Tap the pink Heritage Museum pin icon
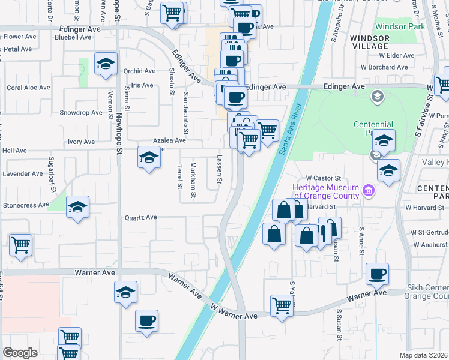[x=369, y=192]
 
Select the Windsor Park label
[x=400, y=26]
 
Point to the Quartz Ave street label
[x=140, y=217]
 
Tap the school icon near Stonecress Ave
[x=77, y=208]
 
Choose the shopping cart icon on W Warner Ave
[x=281, y=305]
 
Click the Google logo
[x=20, y=353]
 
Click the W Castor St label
[x=323, y=178]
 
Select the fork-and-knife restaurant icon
[x=328, y=229]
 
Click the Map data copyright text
[x=424, y=355]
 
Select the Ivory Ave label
[x=81, y=142]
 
